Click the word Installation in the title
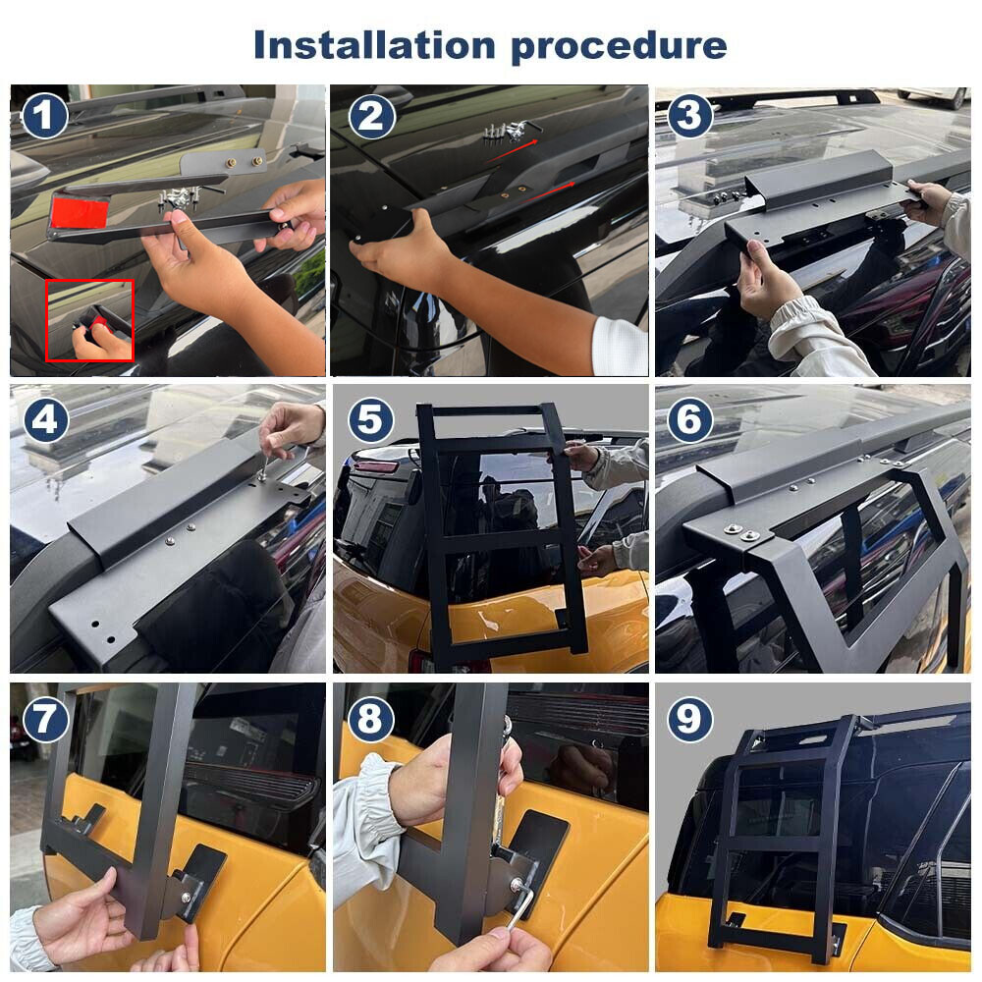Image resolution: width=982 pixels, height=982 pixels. [374, 45]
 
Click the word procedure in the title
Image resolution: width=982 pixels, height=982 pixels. [620, 47]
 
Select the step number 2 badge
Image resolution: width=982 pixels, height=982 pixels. [372, 117]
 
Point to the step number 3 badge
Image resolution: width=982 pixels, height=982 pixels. [689, 117]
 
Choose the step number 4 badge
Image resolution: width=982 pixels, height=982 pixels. [44, 419]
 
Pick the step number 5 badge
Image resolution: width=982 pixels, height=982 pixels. [370, 419]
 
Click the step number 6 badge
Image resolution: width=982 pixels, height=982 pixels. [689, 419]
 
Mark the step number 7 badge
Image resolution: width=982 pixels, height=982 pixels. [44, 719]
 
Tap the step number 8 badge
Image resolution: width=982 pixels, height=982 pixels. [370, 719]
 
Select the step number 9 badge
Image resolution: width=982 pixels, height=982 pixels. [689, 719]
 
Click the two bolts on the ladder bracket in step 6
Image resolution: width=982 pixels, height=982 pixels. [740, 533]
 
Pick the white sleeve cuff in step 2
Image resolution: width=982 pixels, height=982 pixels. [620, 347]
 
